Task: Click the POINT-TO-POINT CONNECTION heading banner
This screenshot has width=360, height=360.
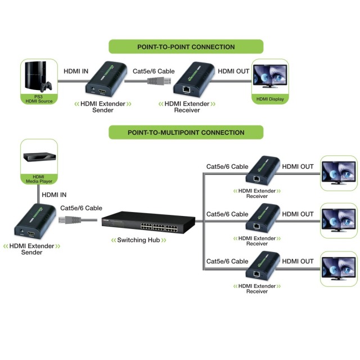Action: pyautogui.click(x=186, y=47)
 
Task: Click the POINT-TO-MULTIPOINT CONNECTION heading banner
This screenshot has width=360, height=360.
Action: pyautogui.click(x=186, y=132)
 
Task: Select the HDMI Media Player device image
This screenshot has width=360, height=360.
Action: pyautogui.click(x=39, y=157)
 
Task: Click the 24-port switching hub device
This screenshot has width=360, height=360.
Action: pyautogui.click(x=148, y=222)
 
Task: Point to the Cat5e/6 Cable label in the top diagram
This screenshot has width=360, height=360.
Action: pyautogui.click(x=154, y=71)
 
